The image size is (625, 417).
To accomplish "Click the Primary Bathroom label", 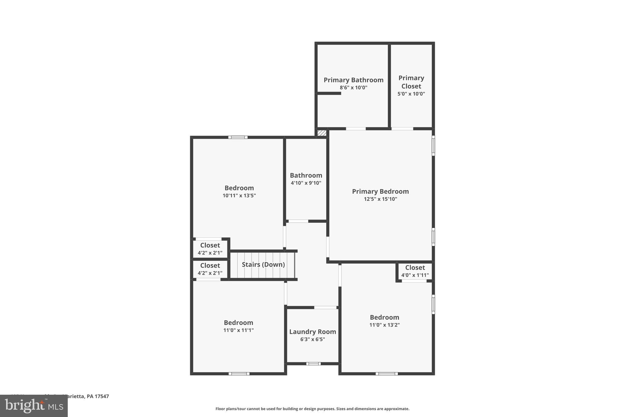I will click(x=353, y=80).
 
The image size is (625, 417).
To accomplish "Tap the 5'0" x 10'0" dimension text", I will click(x=411, y=94).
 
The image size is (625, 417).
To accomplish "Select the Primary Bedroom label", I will click(x=380, y=192).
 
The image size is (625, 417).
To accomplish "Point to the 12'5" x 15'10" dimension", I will click(x=380, y=199).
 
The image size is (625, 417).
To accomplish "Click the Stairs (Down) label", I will click(x=263, y=265).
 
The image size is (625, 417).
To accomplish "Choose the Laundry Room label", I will click(x=312, y=332).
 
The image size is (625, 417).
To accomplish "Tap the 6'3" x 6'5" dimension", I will click(x=312, y=339).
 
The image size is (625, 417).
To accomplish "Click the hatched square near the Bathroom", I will click(x=322, y=133).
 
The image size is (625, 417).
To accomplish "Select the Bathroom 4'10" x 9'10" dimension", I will click(x=306, y=183).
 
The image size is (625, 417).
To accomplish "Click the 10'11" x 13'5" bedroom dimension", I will click(x=239, y=196).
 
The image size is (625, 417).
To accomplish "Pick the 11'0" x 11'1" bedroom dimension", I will click(x=238, y=330).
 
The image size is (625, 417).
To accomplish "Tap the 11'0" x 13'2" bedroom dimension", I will click(x=384, y=325).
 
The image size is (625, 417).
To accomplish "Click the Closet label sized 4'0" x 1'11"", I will click(x=415, y=268).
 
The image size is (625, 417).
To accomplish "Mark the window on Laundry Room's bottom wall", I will click(x=313, y=364).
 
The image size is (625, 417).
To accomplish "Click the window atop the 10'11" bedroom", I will click(x=238, y=137).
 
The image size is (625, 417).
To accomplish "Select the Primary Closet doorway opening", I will click(x=402, y=129).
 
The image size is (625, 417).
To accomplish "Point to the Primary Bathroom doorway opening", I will click(x=356, y=129).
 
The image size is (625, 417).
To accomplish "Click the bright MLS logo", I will click(x=34, y=406).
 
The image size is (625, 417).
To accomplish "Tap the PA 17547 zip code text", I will click(x=98, y=396).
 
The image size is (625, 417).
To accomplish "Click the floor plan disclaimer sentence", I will click(x=312, y=409).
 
